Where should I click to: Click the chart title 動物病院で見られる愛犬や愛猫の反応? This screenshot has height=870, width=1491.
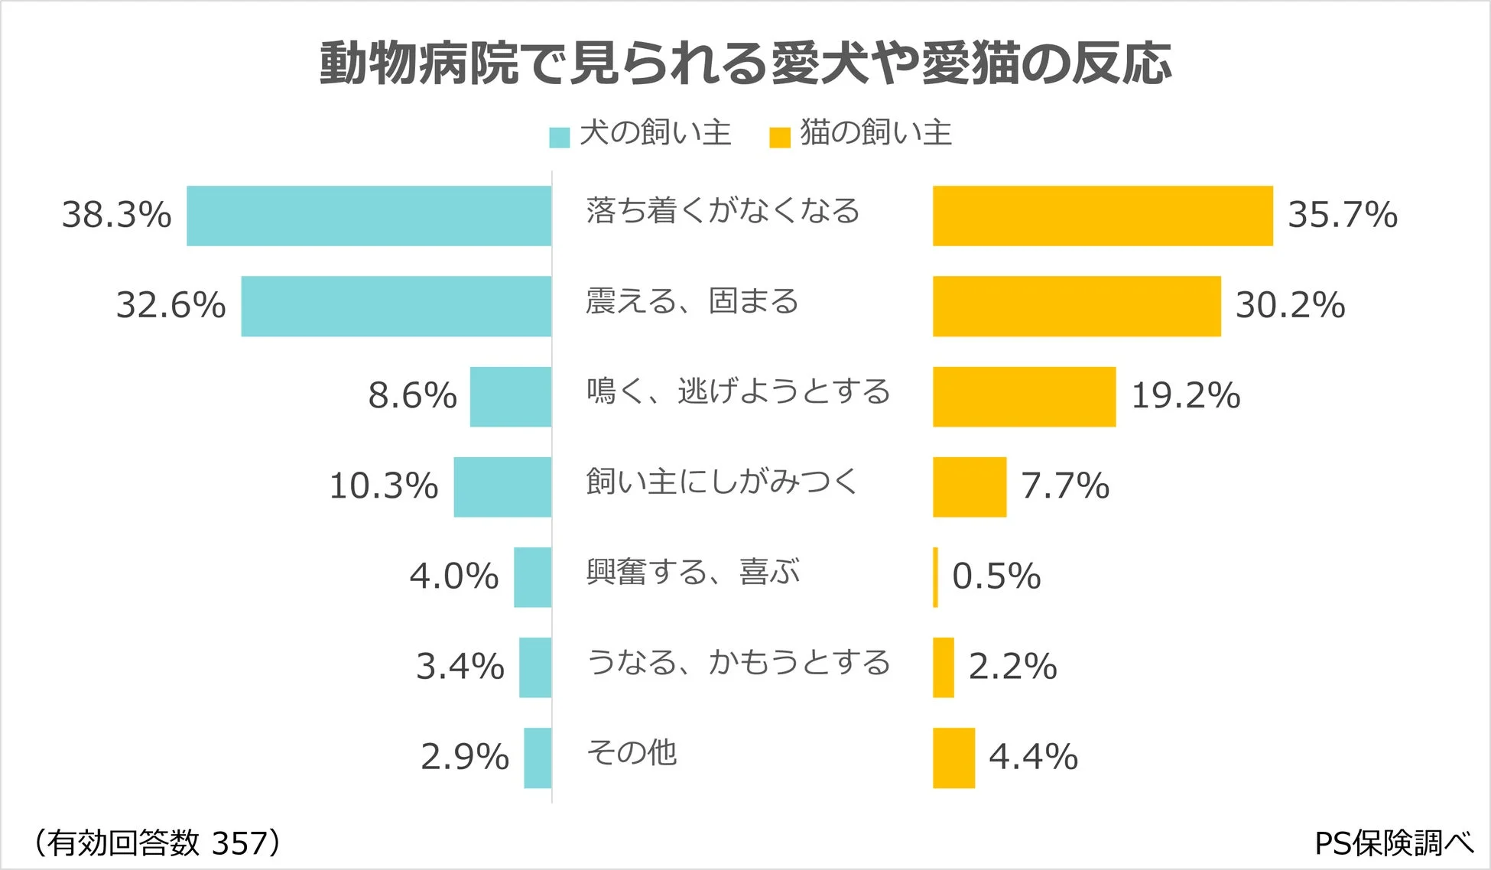[x=745, y=63]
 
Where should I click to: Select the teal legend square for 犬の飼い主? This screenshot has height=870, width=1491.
[x=559, y=138]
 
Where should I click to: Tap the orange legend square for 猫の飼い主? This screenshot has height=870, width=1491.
[x=779, y=138]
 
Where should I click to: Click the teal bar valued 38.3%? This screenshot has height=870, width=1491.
[x=369, y=216]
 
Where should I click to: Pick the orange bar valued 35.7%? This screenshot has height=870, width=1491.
[x=1103, y=216]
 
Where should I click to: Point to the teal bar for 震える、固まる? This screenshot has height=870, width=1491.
[x=396, y=306]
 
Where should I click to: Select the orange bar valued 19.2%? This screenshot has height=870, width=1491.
[x=1024, y=397]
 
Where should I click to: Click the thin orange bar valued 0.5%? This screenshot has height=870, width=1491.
[x=935, y=577]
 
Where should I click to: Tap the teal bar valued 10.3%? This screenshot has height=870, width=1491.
[x=502, y=487]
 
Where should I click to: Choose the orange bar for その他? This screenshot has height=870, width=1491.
[x=953, y=758]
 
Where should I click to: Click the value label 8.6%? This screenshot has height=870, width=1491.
[x=412, y=396]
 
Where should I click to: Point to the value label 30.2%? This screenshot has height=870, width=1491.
[x=1290, y=306]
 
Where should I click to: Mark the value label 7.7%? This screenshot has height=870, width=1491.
[x=1064, y=486]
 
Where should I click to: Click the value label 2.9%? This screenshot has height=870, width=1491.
[x=464, y=758]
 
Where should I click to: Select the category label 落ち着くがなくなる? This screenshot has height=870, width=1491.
[x=723, y=211]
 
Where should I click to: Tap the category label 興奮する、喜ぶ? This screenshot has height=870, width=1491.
[x=693, y=572]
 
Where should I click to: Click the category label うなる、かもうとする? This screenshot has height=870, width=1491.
[x=738, y=662]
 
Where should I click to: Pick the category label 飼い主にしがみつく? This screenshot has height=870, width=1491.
[x=722, y=482]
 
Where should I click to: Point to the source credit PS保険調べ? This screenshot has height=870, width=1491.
[x=1393, y=843]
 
